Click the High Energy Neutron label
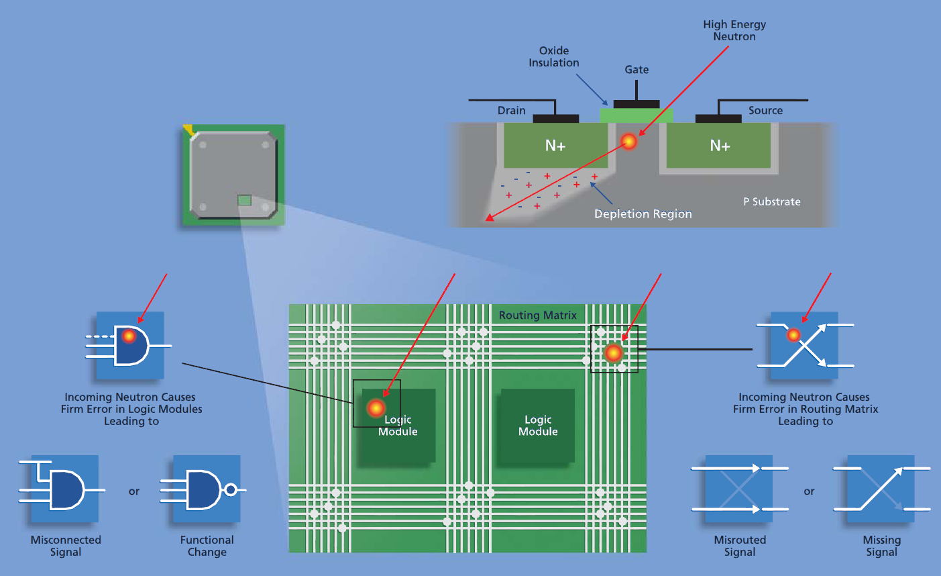(x=734, y=30)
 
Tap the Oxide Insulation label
(x=554, y=56)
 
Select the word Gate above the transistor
(x=636, y=70)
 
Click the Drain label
(x=512, y=111)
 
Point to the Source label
(x=765, y=111)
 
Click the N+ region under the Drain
(x=555, y=146)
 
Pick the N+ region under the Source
(x=720, y=146)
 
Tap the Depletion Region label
(x=643, y=214)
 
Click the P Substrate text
(x=771, y=201)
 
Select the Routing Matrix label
(x=538, y=316)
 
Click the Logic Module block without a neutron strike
(x=538, y=426)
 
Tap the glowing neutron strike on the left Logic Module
(x=376, y=407)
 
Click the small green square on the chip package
(x=245, y=200)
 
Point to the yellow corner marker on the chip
(x=188, y=130)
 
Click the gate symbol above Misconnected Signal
(x=64, y=489)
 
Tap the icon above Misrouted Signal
(x=739, y=489)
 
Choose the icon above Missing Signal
(x=881, y=489)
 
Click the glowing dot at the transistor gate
(x=628, y=141)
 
